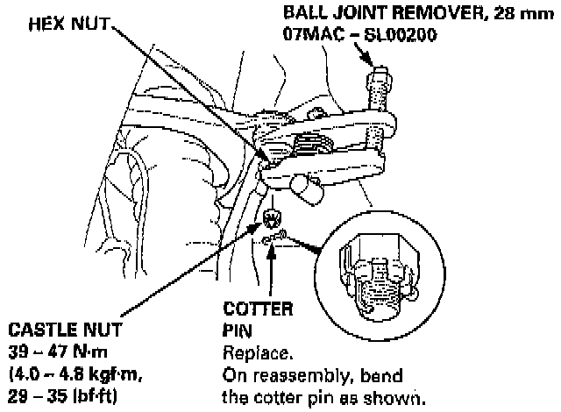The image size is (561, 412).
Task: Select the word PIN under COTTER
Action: click(x=232, y=331)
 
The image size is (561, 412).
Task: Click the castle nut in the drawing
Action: click(x=273, y=217)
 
